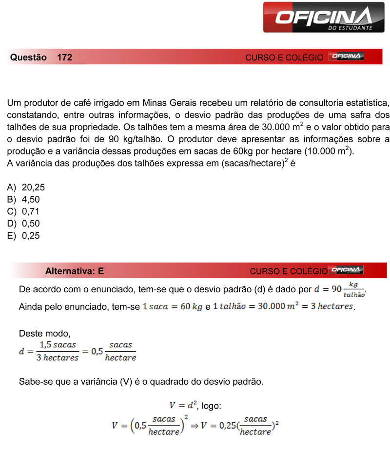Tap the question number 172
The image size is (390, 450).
pyautogui.click(x=64, y=57)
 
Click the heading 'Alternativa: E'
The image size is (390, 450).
pyautogui.click(x=74, y=271)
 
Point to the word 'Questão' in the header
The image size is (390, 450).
pyautogui.click(x=28, y=57)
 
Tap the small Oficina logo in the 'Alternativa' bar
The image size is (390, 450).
pyautogui.click(x=347, y=270)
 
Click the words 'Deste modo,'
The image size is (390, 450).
pyautogui.click(x=44, y=334)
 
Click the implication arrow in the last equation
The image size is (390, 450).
pyautogui.click(x=195, y=425)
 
